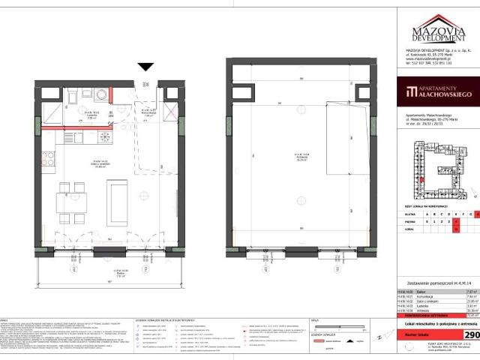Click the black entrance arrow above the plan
pyautogui.click(x=145, y=67)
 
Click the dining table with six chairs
pyautogui.click(x=72, y=198)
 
